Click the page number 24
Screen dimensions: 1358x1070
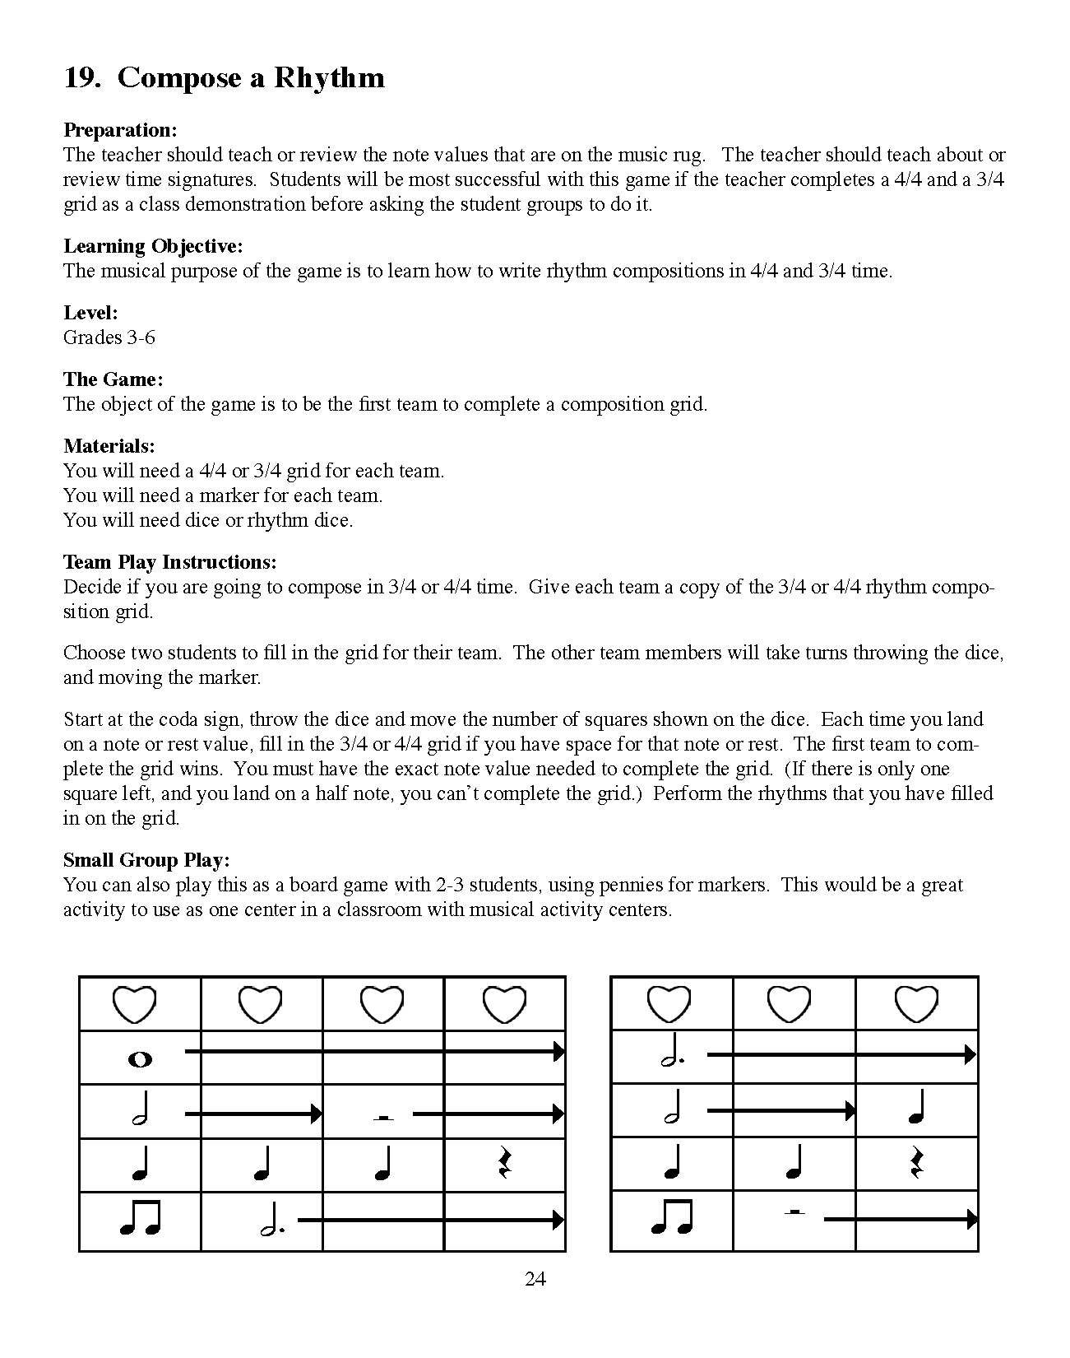click(x=535, y=1278)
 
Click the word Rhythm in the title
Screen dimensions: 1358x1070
click(x=329, y=78)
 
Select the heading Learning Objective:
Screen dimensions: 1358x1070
click(x=153, y=246)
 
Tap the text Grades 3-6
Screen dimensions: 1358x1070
click(x=109, y=337)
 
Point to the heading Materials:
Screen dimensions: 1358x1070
click(x=109, y=446)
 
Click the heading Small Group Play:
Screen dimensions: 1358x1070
click(x=146, y=860)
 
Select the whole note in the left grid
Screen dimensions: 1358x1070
click(x=141, y=1060)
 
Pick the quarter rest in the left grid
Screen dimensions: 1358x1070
click(x=505, y=1164)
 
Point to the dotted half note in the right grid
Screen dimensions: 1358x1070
click(x=673, y=1057)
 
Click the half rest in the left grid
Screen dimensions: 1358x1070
click(x=380, y=1117)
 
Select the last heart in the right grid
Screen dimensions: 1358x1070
click(x=916, y=1004)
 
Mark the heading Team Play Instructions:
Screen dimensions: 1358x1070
click(x=170, y=562)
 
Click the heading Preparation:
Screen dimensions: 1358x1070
click(x=120, y=130)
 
